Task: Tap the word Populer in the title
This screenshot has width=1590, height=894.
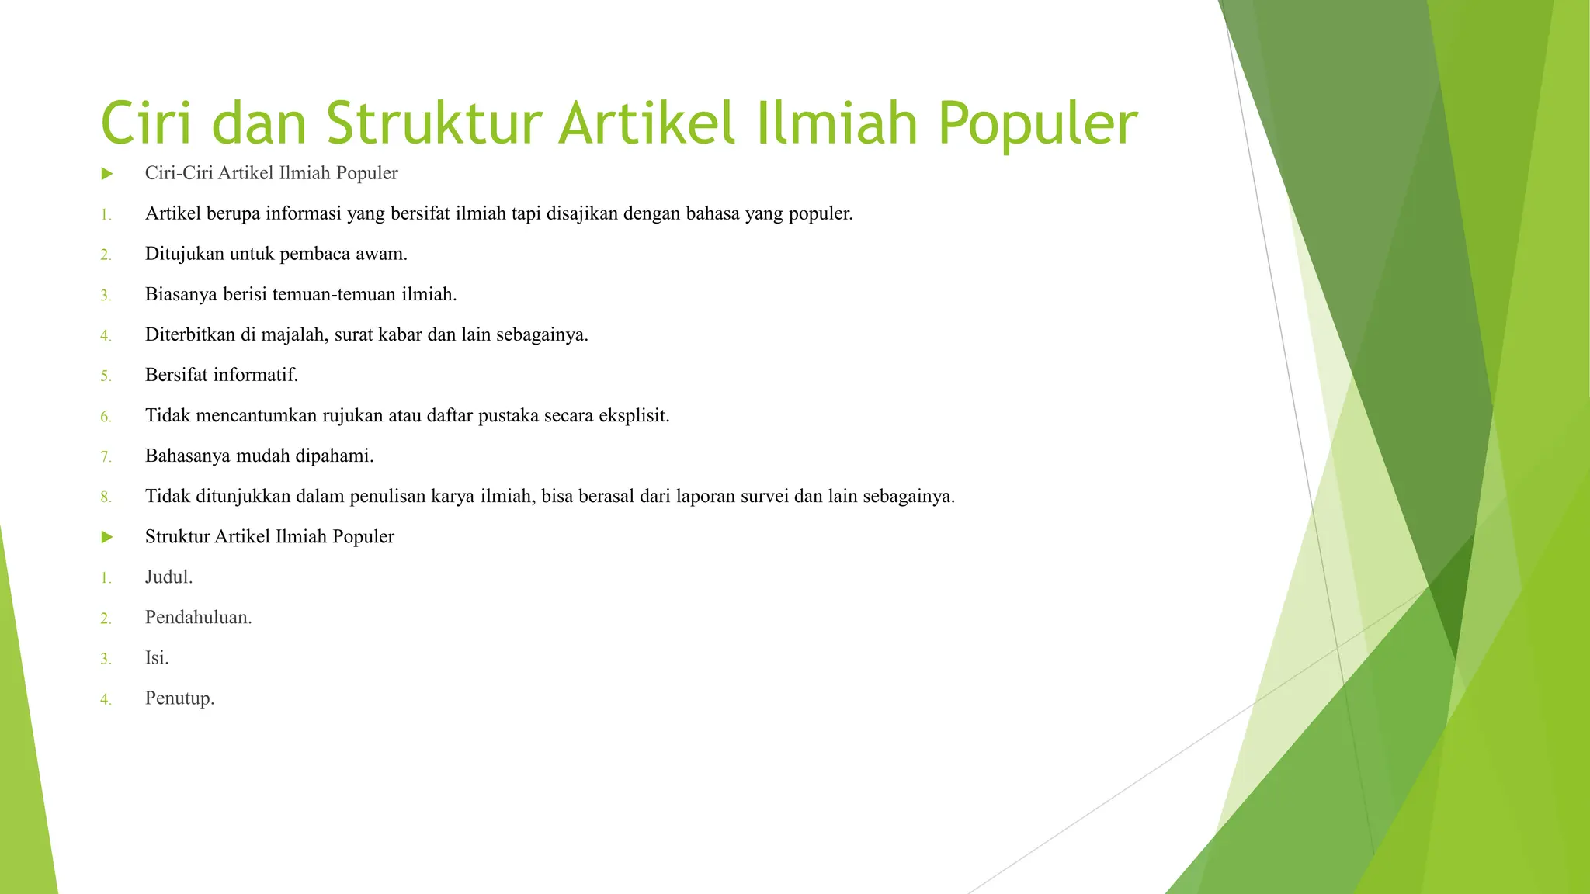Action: pos(1037,124)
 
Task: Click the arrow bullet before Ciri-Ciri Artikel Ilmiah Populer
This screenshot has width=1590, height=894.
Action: pos(107,174)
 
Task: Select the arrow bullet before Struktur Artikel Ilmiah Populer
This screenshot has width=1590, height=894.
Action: pos(107,537)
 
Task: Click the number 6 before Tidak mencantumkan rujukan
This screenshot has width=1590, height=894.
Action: pos(106,418)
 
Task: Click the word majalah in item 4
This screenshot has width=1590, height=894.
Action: pos(294,334)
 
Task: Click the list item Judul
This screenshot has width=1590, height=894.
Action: pos(168,577)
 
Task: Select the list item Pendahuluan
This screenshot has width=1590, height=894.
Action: pos(198,617)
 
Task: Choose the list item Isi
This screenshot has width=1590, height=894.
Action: pos(156,657)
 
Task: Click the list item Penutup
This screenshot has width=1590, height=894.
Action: pos(179,698)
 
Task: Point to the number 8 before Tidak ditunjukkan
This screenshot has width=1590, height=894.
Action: pos(106,497)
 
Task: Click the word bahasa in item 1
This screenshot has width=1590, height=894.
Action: pos(712,213)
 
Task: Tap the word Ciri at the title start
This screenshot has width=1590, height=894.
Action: pos(146,124)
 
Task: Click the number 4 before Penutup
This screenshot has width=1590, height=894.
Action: pos(106,700)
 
